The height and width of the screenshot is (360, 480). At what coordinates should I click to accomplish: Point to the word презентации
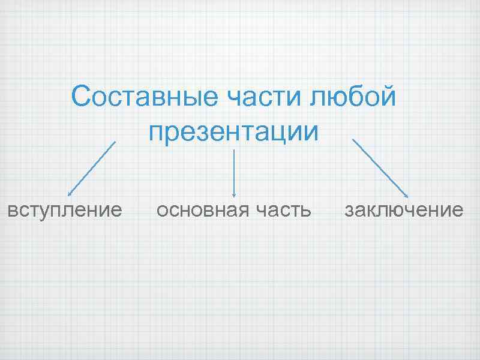(x=234, y=131)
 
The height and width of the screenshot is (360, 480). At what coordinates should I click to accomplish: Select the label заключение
(x=403, y=211)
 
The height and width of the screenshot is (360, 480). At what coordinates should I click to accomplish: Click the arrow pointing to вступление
(x=91, y=169)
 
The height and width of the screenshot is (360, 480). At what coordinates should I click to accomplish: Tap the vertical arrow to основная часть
(x=233, y=174)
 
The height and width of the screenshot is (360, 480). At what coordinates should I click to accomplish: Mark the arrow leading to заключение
(x=380, y=169)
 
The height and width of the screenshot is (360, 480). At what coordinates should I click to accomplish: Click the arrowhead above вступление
(x=70, y=194)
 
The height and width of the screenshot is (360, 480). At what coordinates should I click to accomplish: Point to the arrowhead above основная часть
(x=233, y=194)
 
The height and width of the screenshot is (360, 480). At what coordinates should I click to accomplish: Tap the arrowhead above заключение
(x=407, y=196)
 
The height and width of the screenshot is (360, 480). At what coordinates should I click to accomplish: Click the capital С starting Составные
(x=80, y=97)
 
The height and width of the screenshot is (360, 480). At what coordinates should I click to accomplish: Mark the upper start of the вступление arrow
(x=115, y=143)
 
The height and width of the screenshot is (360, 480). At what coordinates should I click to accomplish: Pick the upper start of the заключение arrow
(x=353, y=140)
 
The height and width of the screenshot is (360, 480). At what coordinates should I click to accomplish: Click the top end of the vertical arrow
(x=233, y=151)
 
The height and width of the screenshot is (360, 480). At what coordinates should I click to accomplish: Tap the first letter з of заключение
(x=349, y=211)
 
